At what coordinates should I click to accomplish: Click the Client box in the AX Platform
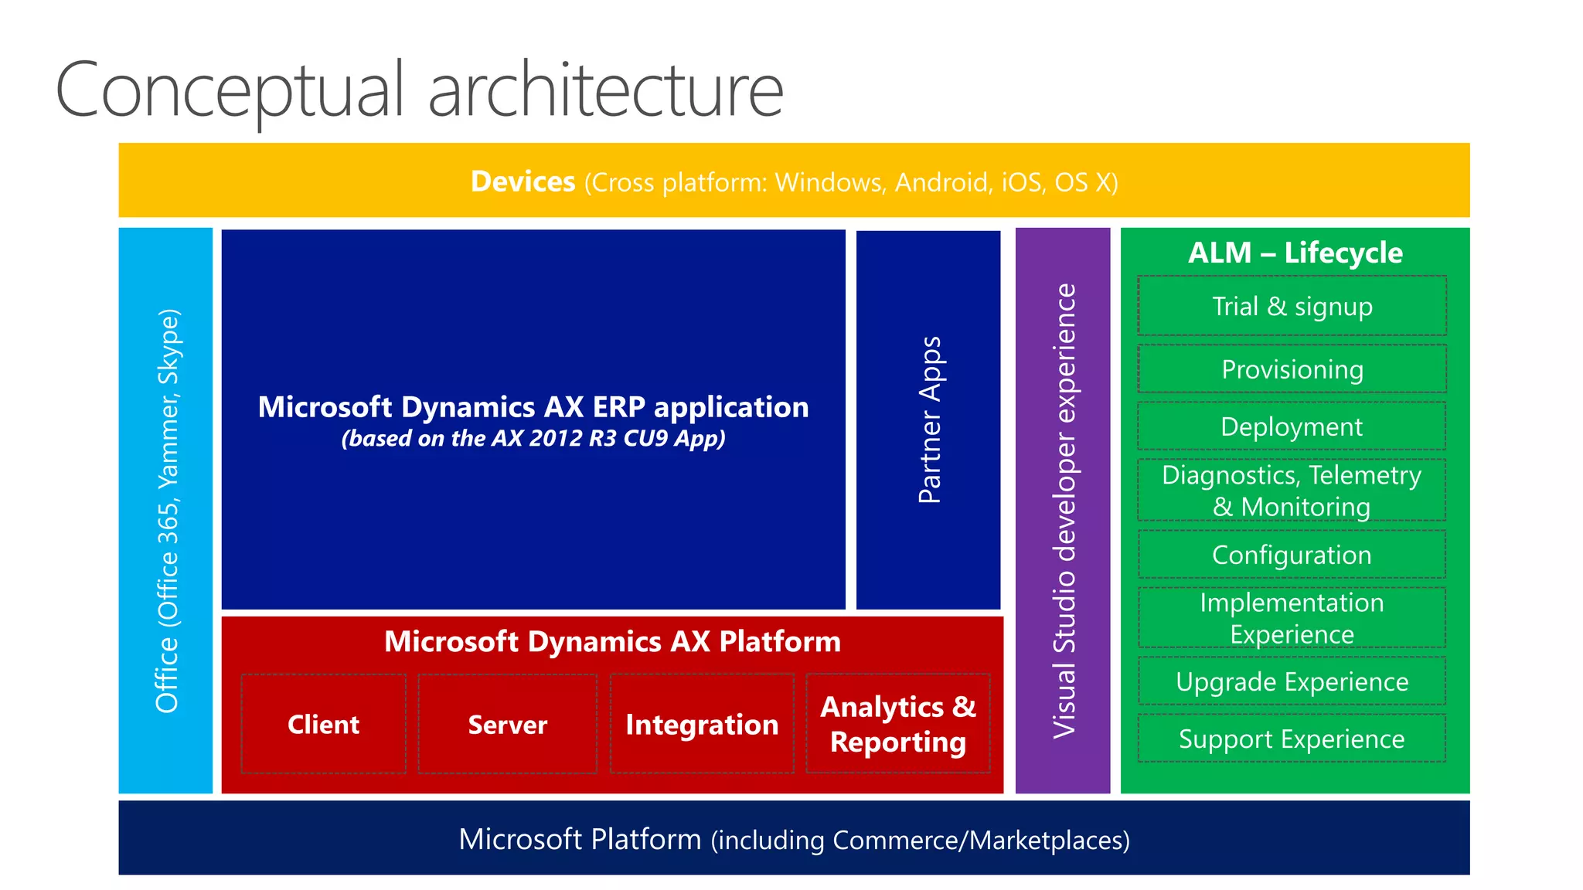323,724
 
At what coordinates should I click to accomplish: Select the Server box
507,724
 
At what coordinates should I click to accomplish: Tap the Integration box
702,724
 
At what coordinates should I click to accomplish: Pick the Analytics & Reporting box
897,724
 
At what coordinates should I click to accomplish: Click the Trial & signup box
1292,306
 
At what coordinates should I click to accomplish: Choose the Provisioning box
1292,369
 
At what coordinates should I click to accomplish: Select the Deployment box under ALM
1292,426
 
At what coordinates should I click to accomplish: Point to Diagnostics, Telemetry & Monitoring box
1292,490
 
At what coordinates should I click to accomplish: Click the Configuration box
1292,555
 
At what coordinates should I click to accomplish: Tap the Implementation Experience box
1292,617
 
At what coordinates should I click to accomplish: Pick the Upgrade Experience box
1292,681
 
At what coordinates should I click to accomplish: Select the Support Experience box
1292,739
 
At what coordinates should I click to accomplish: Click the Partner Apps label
929,420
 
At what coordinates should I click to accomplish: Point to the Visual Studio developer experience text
1064,510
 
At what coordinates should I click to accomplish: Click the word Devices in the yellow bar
523,182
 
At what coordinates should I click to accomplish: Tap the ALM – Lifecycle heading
1295,253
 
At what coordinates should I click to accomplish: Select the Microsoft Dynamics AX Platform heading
612,641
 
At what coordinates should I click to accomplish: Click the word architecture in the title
605,90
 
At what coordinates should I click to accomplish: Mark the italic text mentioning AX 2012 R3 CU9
533,438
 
